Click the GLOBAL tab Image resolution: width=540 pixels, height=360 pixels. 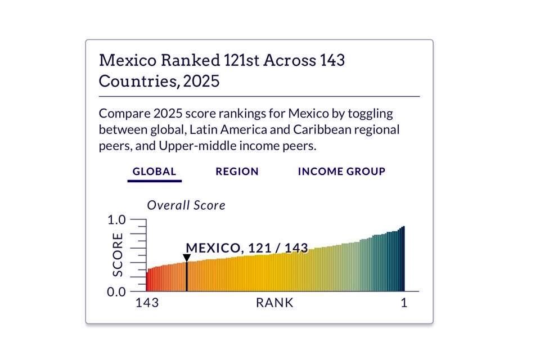pos(154,172)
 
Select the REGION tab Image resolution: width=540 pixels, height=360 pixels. pos(237,172)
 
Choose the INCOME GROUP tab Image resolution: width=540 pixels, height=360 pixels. pos(341,172)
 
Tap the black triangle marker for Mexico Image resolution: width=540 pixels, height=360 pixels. pos(187,258)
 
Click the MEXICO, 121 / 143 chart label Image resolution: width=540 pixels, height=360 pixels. pos(246,248)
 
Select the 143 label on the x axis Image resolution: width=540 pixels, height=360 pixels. pos(147,303)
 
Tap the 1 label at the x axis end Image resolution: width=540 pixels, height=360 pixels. pos(404,303)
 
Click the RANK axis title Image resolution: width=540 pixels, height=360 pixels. pos(274,303)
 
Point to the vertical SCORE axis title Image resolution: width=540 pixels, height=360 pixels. pos(118,255)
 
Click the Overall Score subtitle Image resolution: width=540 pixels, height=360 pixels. pos(186,205)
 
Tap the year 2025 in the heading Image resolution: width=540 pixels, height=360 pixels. pos(201,81)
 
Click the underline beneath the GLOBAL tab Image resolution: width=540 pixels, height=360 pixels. pos(154,181)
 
